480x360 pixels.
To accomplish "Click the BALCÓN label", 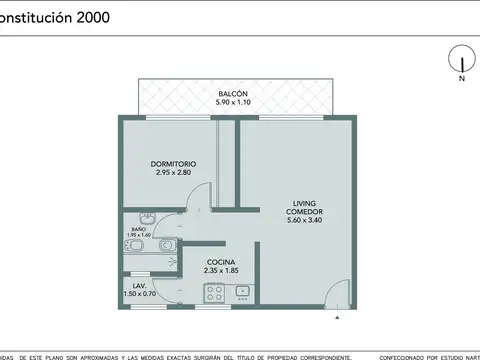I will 233,93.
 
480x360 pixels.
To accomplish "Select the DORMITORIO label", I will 174,163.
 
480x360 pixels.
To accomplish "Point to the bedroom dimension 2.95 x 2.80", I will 174,172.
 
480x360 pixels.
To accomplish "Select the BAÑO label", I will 138,229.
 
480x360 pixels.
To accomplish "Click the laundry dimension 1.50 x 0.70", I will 139,294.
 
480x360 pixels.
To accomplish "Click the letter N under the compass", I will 461,77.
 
